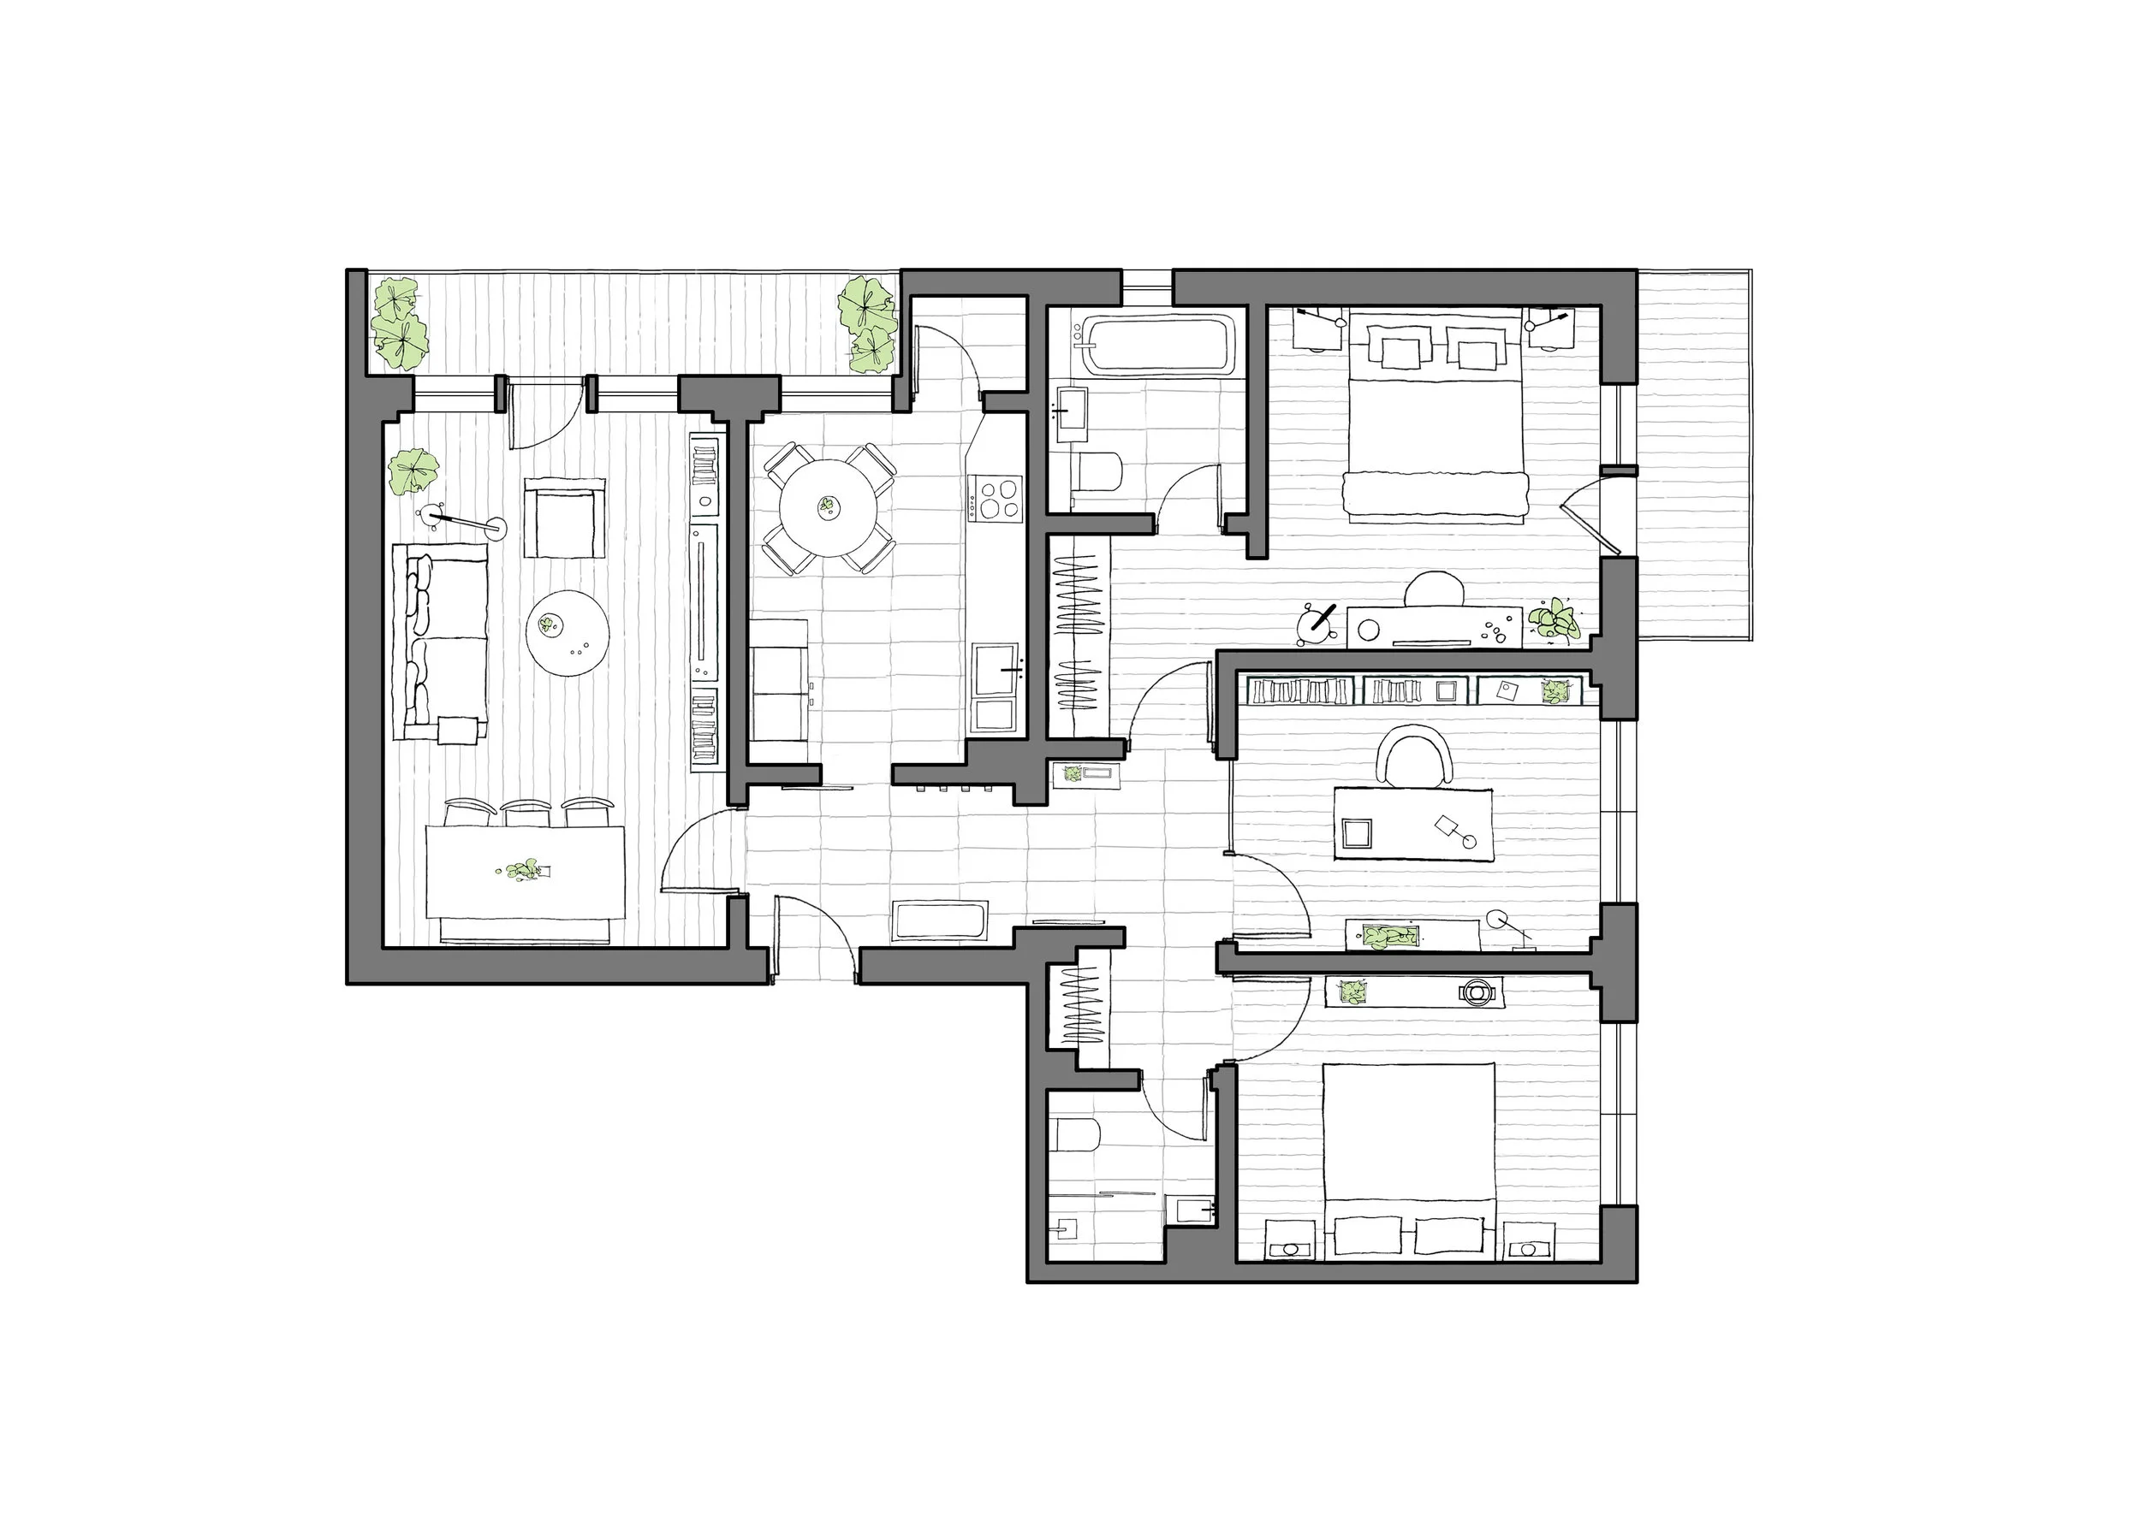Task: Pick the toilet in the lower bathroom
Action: click(1079, 1135)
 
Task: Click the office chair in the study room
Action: click(1416, 756)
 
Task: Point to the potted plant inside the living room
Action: click(413, 470)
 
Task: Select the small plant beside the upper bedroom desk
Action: click(1553, 620)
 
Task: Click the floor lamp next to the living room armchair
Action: click(461, 521)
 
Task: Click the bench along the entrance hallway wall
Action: click(939, 920)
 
